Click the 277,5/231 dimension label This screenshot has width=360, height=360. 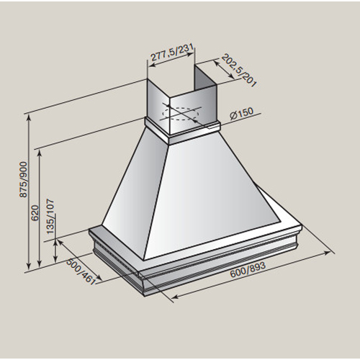[x=171, y=53]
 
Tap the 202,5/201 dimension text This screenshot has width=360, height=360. [x=238, y=70]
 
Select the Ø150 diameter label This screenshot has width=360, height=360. [x=241, y=113]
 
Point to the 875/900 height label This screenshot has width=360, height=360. [x=24, y=180]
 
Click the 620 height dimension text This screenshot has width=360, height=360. [x=35, y=213]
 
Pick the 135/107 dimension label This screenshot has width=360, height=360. [x=50, y=217]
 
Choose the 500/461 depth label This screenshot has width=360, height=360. [x=81, y=271]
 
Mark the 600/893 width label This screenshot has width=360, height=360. [x=248, y=269]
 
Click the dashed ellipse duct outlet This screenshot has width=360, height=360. [x=181, y=114]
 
